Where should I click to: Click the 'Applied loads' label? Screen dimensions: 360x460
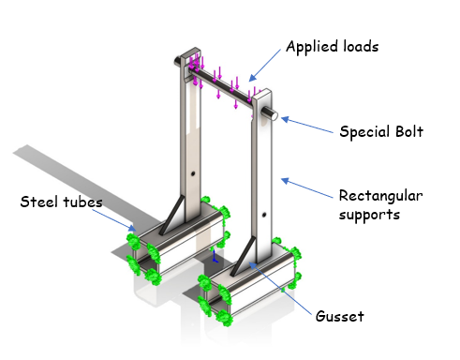tap(332, 45)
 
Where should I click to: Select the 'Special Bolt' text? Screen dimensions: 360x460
tap(381, 131)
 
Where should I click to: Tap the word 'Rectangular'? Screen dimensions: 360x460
tap(380, 196)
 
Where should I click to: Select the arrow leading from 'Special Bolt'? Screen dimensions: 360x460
tap(308, 126)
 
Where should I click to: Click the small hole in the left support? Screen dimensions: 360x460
tap(191, 174)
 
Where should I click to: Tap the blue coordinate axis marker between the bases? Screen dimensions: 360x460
tap(215, 255)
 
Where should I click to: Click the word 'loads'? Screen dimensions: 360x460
tap(358, 45)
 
